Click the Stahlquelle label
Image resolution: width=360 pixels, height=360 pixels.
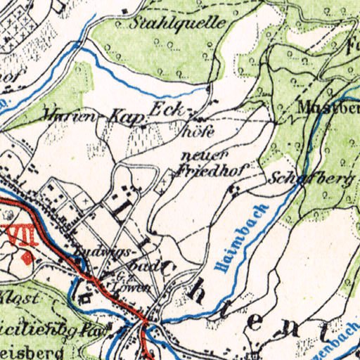click(179, 22)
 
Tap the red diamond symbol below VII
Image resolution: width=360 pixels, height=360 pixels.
click(27, 258)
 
